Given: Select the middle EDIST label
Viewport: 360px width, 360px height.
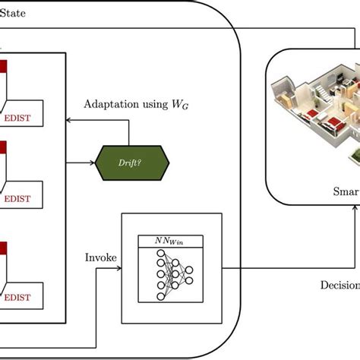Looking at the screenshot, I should (x=25, y=200).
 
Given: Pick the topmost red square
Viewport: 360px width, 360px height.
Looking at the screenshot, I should (x=4, y=67).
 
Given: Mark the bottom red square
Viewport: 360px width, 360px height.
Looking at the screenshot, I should (x=4, y=248).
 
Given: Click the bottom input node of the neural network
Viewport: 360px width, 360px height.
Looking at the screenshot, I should (x=160, y=295).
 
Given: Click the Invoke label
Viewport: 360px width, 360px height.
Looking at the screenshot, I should (x=101, y=258).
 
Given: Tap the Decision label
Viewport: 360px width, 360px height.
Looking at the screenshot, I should (x=339, y=286).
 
